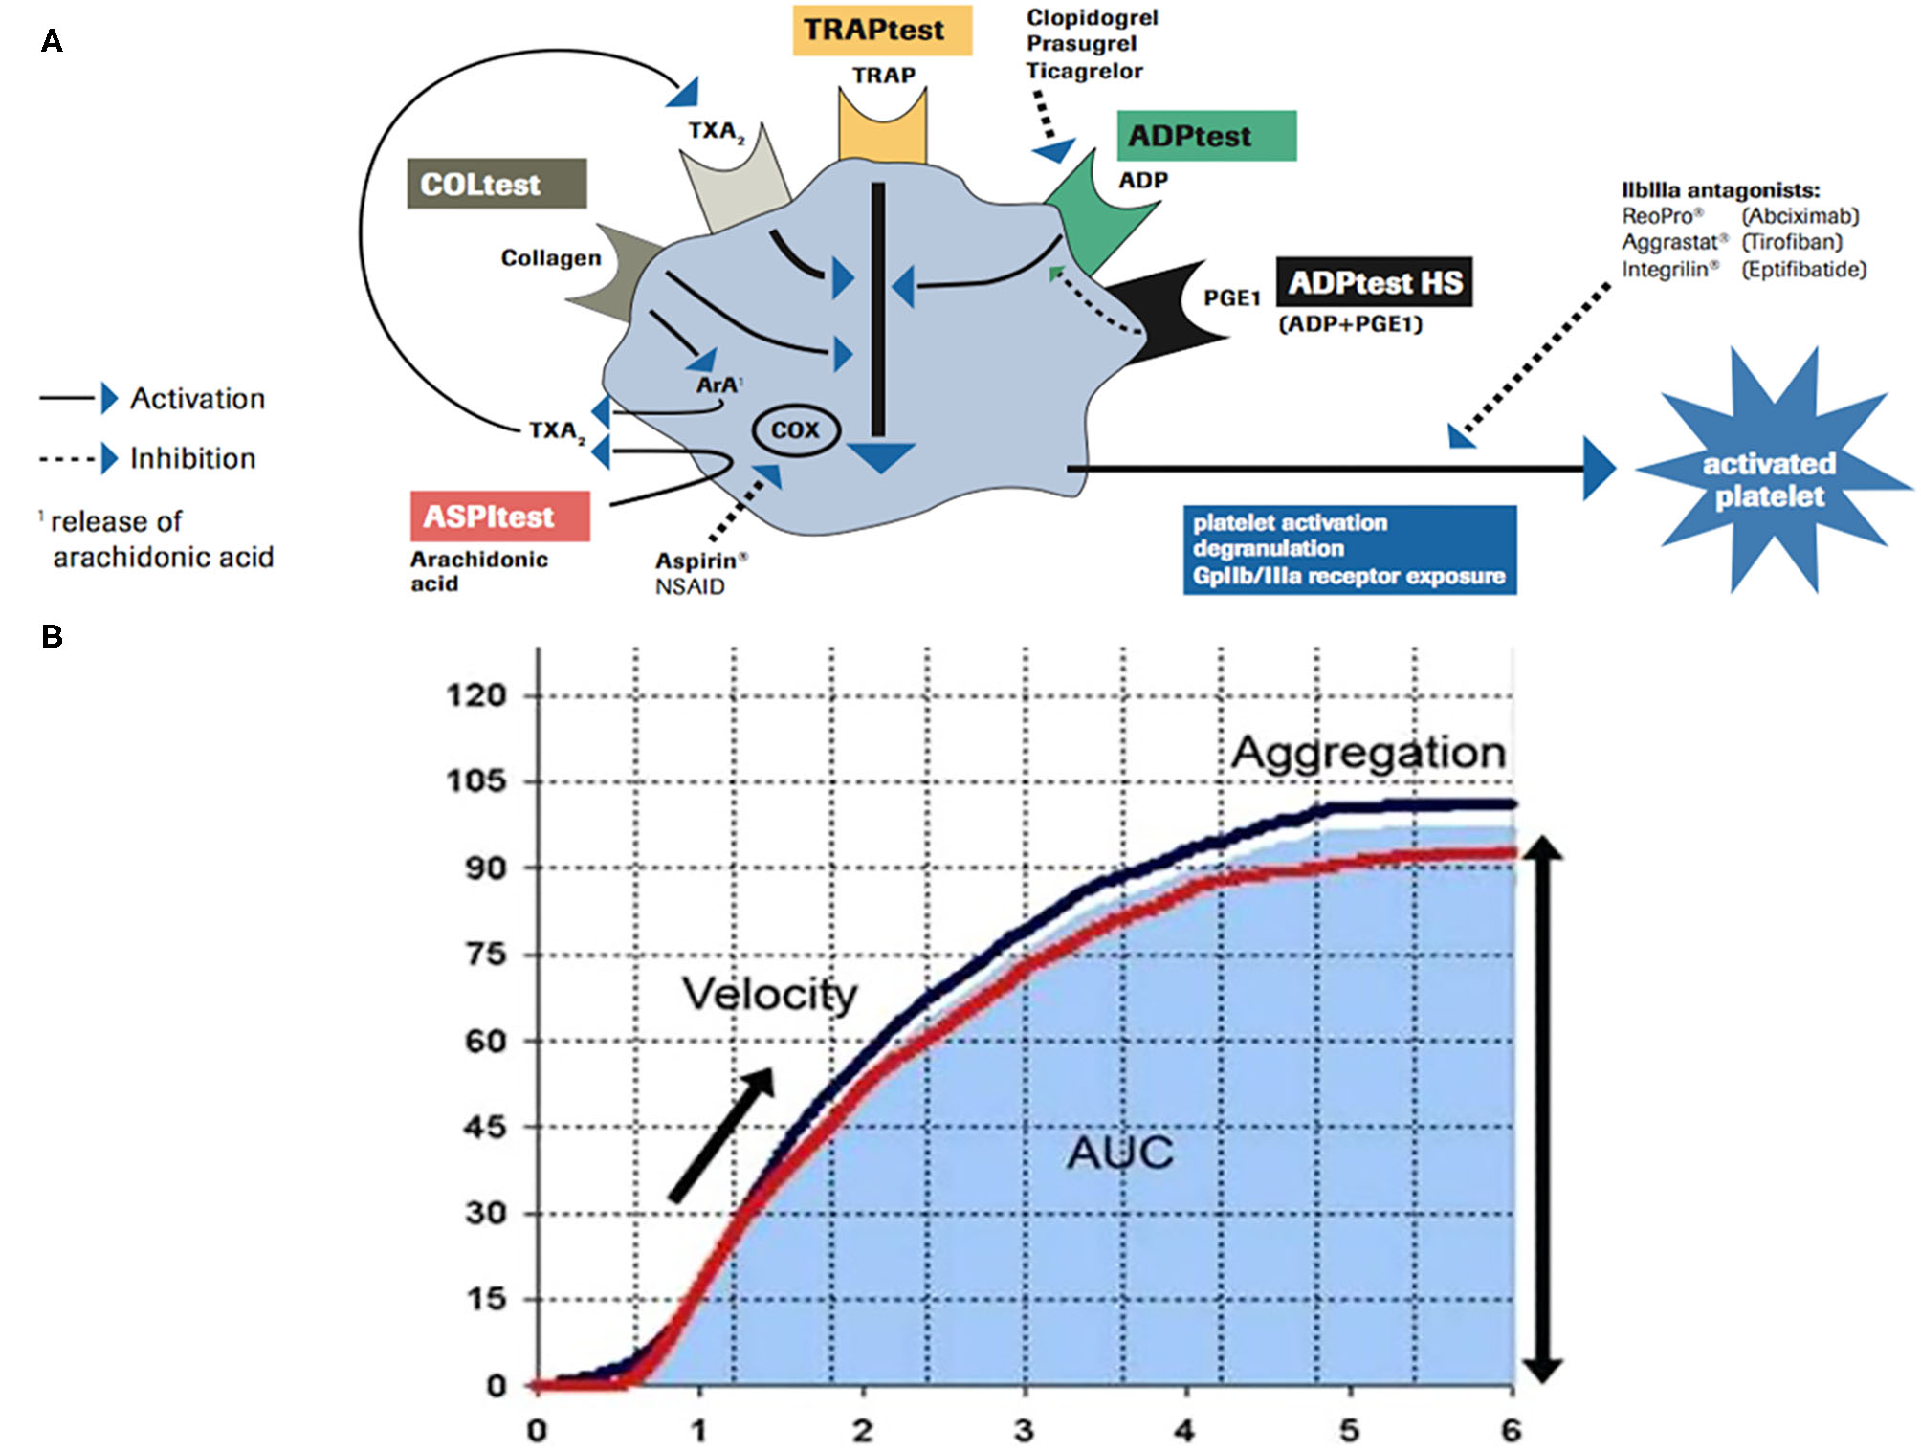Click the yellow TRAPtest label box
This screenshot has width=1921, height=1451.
[881, 31]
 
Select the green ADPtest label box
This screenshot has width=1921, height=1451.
[1205, 136]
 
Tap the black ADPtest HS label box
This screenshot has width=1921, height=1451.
[1374, 282]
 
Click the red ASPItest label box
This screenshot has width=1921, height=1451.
[499, 517]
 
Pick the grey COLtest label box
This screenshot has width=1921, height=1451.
[497, 184]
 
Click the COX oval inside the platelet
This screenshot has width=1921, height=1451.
[795, 430]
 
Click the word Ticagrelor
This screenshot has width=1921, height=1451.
[1084, 71]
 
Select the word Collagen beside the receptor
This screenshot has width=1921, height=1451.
[551, 258]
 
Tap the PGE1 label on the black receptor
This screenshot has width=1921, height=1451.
[1231, 298]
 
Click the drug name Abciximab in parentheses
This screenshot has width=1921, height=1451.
[1800, 216]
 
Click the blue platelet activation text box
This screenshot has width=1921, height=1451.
[1348, 549]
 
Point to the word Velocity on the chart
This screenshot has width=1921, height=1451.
[769, 994]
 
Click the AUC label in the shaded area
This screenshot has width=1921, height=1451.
[1119, 1152]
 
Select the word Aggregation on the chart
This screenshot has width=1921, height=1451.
[1368, 752]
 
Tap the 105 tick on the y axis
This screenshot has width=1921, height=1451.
[475, 781]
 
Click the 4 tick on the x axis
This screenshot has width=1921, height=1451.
[1184, 1431]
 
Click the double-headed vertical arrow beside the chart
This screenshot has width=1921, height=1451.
[1541, 1110]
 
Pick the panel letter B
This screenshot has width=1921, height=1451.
[52, 636]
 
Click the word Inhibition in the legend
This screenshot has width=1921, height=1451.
[192, 458]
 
